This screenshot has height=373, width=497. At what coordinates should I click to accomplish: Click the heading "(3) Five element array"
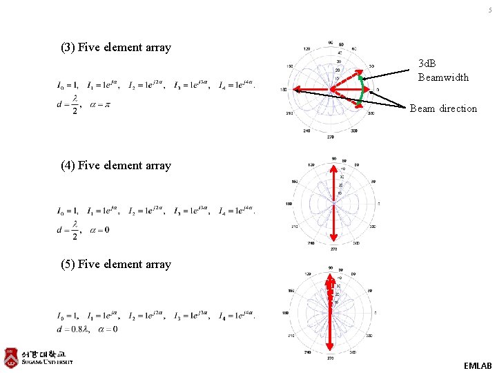(116, 48)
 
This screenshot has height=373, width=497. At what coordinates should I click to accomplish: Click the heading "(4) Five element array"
(116, 165)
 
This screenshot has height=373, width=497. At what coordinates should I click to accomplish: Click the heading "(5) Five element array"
(116, 264)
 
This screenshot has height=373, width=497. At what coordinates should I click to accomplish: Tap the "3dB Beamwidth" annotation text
(443, 70)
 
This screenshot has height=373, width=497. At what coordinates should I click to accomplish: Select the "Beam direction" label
(443, 108)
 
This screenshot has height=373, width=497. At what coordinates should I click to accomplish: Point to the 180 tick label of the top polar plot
(283, 90)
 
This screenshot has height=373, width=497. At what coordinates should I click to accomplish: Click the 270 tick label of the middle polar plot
(333, 249)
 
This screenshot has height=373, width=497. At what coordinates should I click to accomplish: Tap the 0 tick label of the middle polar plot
(379, 204)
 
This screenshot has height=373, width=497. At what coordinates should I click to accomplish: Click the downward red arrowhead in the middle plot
(333, 240)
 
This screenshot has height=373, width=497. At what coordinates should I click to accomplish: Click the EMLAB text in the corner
(478, 365)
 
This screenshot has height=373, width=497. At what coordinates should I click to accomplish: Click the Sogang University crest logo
(11, 357)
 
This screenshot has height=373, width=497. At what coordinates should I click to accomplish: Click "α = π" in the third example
(101, 105)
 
